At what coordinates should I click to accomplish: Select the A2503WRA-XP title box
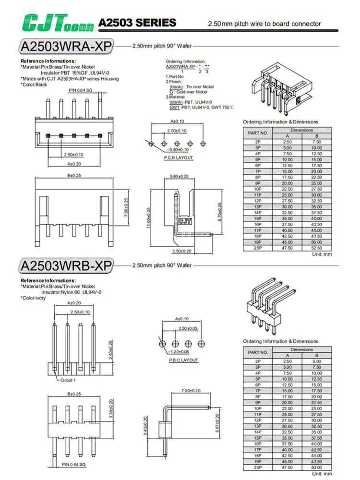pos(66,47)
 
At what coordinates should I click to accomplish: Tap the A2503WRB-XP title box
pos(66,265)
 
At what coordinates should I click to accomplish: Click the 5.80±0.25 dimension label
pos(179,177)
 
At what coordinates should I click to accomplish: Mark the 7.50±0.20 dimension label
pos(191,391)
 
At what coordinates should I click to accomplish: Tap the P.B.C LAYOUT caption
pos(183,360)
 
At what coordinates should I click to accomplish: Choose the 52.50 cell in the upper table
pos(317,248)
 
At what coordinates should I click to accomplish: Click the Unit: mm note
pos(322,254)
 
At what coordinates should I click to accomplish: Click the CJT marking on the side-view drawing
pos(184,221)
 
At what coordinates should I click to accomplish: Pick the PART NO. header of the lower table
pos(258,352)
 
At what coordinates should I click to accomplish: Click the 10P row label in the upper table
pos(258,189)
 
